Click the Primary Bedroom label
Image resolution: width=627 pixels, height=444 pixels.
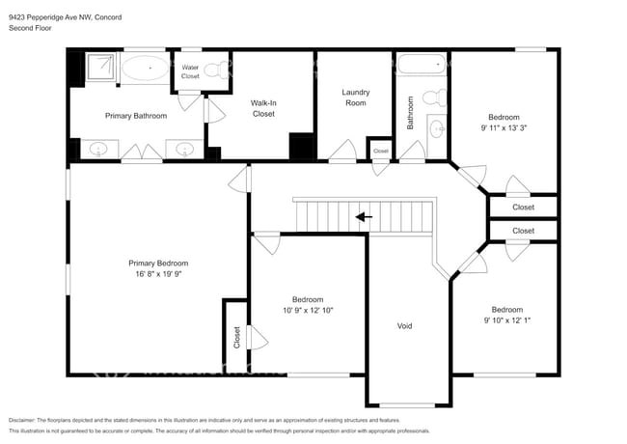point(158,263)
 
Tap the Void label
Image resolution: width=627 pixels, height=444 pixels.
point(405,326)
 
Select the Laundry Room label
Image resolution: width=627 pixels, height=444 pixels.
point(355,97)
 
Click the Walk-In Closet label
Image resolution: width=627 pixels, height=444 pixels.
point(263,108)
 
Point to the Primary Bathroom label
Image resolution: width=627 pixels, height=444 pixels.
point(136,116)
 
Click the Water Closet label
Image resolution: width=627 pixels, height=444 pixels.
point(190,71)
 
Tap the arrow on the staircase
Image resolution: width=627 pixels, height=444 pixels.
point(364,217)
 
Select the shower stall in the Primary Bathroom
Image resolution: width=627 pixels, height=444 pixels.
point(100,68)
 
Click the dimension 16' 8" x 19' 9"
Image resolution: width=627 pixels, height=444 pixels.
point(158,274)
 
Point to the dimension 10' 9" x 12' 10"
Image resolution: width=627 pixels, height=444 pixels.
point(309,311)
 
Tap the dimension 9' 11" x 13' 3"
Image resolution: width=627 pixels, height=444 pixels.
point(509,126)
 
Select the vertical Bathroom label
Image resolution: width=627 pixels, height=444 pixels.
point(410,112)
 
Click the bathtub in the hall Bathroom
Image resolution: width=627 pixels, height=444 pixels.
point(423,66)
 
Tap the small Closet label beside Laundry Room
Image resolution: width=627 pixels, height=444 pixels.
point(381,152)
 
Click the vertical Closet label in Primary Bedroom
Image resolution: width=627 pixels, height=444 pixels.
point(236,337)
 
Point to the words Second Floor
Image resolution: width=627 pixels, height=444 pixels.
point(30,29)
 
